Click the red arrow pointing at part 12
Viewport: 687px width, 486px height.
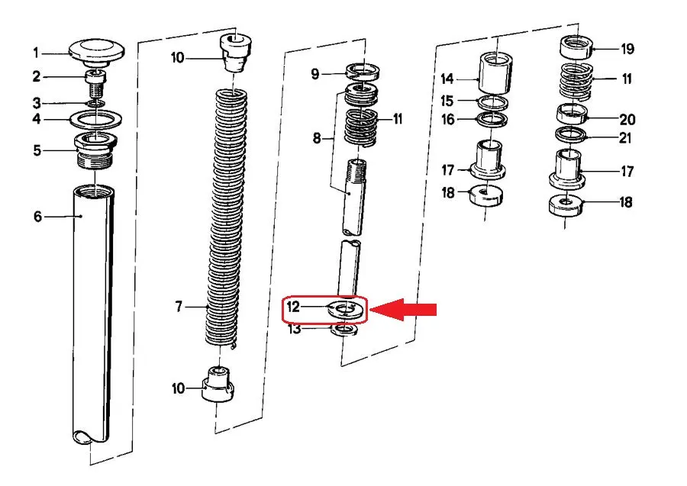(403, 310)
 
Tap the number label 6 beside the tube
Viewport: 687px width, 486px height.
(38, 216)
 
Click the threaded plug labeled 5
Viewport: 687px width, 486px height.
(95, 150)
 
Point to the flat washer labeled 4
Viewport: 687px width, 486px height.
(96, 119)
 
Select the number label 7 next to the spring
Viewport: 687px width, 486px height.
(179, 307)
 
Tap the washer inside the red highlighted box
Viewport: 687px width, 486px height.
(345, 310)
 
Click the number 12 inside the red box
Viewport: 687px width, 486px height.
(293, 307)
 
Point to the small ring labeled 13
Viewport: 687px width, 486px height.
(344, 330)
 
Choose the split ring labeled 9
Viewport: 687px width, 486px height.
(363, 72)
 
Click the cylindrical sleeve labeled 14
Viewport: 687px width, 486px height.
(495, 73)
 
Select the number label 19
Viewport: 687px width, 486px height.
(627, 49)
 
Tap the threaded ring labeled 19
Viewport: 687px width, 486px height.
(576, 48)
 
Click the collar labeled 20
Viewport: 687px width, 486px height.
(572, 114)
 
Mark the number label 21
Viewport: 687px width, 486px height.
(624, 138)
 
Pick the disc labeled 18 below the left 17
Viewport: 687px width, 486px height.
(486, 196)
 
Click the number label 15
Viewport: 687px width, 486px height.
(447, 101)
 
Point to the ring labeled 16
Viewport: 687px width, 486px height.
(492, 120)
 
